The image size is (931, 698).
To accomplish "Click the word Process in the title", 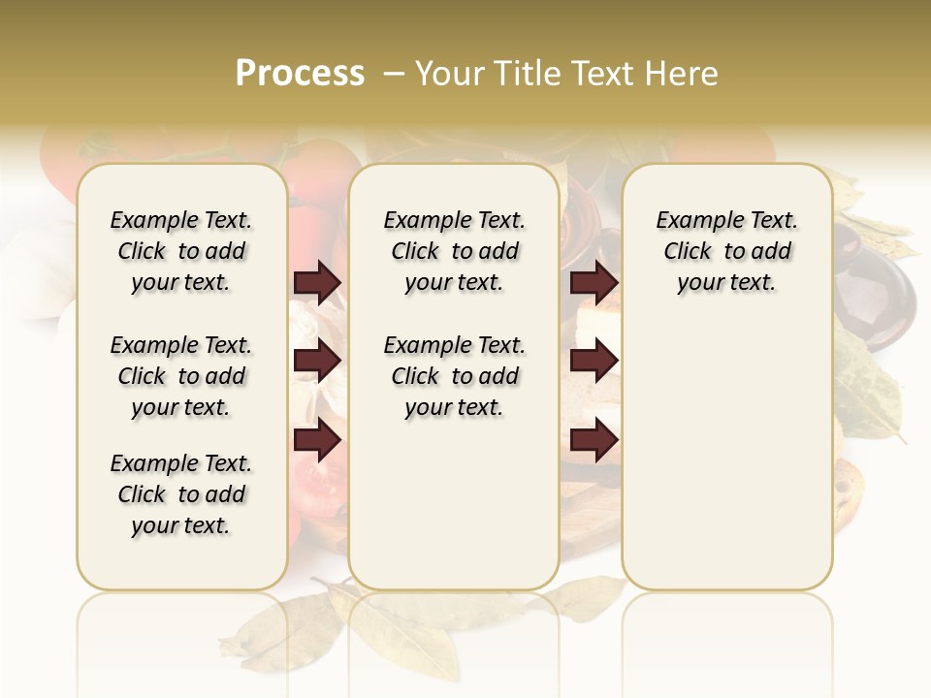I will point(300,74).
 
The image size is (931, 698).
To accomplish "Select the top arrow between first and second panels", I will point(317,282).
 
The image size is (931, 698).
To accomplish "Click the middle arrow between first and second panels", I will point(317,362).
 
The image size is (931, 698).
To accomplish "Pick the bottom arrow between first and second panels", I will point(317,440).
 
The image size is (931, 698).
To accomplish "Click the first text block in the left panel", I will point(181,251).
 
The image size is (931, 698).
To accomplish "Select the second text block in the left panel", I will point(181,376).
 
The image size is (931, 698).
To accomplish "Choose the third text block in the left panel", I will point(181,494).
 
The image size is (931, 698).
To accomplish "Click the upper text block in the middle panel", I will point(454,251).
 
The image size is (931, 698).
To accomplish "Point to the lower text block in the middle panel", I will point(454,376).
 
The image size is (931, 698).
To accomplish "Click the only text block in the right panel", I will point(726,251).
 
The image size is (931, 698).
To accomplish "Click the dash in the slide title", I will point(394,74).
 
